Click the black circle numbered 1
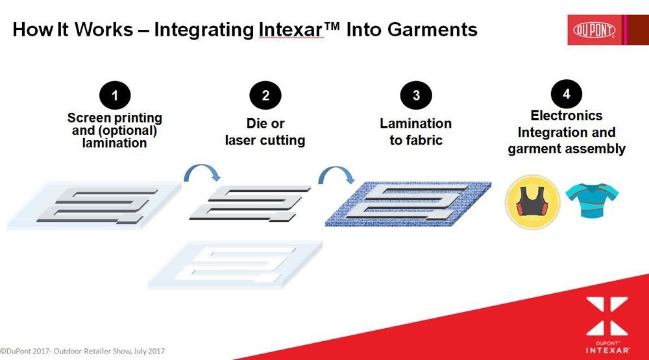coord(115,95)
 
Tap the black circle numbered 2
coord(265,95)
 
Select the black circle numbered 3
coord(416,95)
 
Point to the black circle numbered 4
coord(566,94)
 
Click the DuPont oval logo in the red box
coord(594,30)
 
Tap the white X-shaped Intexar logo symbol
coord(607,316)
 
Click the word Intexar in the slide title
coord(290,30)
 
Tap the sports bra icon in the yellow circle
coord(532,202)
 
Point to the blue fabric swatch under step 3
coord(408,204)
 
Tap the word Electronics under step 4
coord(566,115)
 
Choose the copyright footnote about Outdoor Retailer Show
coord(82,352)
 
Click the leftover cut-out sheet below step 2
coord(235,264)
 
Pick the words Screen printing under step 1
coord(115,118)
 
